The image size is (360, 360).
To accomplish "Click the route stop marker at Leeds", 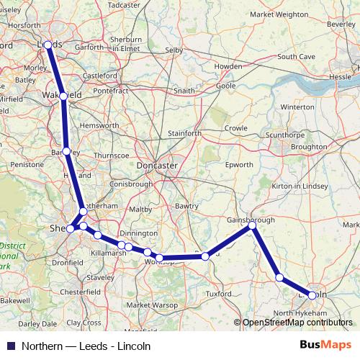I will click(48, 45).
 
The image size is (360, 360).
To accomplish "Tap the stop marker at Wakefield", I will click(64, 96).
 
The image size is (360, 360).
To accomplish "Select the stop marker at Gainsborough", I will click(253, 226).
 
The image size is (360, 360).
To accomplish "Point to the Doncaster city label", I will click(157, 166).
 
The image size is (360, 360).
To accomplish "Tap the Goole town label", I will click(206, 85).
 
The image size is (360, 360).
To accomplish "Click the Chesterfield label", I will click(79, 292).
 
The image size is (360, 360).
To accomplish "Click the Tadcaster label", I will click(123, 4).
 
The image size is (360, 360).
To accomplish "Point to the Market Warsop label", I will click(148, 305).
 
